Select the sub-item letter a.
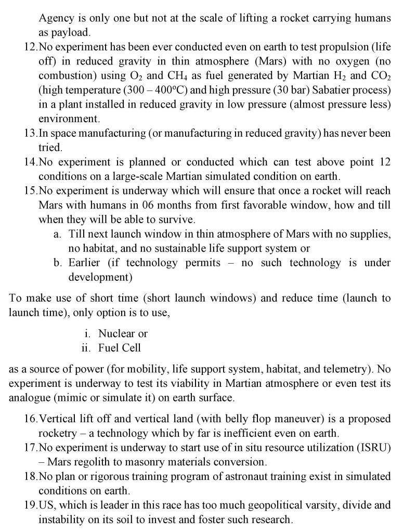click(x=58, y=234)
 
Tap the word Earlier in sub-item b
click(x=85, y=263)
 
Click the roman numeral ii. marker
click(x=86, y=348)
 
